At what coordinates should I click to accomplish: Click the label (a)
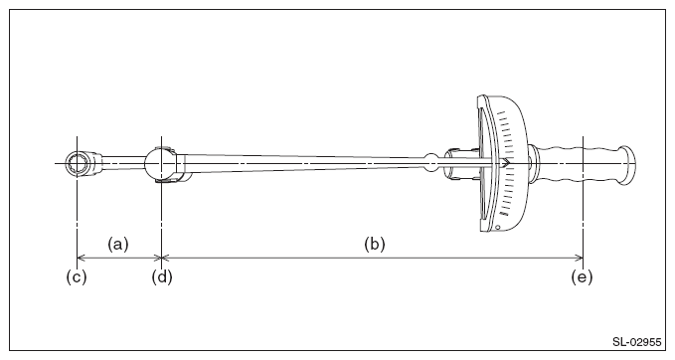(x=118, y=245)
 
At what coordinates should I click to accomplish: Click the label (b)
(x=375, y=245)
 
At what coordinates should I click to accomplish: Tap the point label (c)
(x=77, y=276)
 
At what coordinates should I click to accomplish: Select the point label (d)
(x=162, y=276)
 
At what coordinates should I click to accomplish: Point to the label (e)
(x=582, y=276)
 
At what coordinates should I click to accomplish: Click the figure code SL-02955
(x=636, y=342)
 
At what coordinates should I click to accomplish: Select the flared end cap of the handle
(x=627, y=166)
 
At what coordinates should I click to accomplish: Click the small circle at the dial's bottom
(x=498, y=227)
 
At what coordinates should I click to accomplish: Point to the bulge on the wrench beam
(x=430, y=163)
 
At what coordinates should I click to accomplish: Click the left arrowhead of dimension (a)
(x=81, y=258)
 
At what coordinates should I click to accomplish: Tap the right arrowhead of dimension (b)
(x=579, y=258)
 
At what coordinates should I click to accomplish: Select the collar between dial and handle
(x=534, y=164)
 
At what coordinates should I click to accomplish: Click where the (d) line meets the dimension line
(x=161, y=258)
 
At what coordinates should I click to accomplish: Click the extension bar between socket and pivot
(x=123, y=163)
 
